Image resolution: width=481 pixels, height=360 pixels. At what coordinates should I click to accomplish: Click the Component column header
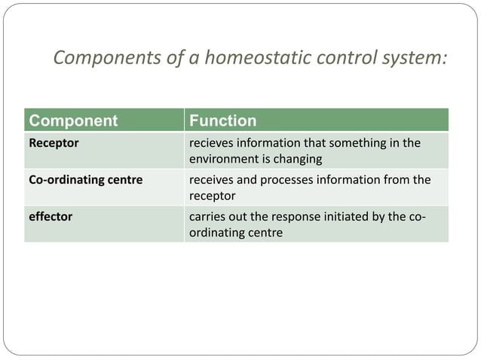72,121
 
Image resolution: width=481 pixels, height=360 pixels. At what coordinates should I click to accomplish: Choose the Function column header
222,121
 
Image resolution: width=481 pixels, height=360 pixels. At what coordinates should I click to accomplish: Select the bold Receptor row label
54,143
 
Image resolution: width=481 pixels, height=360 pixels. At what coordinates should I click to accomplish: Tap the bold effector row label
51,217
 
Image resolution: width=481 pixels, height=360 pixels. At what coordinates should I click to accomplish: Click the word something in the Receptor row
360,143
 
